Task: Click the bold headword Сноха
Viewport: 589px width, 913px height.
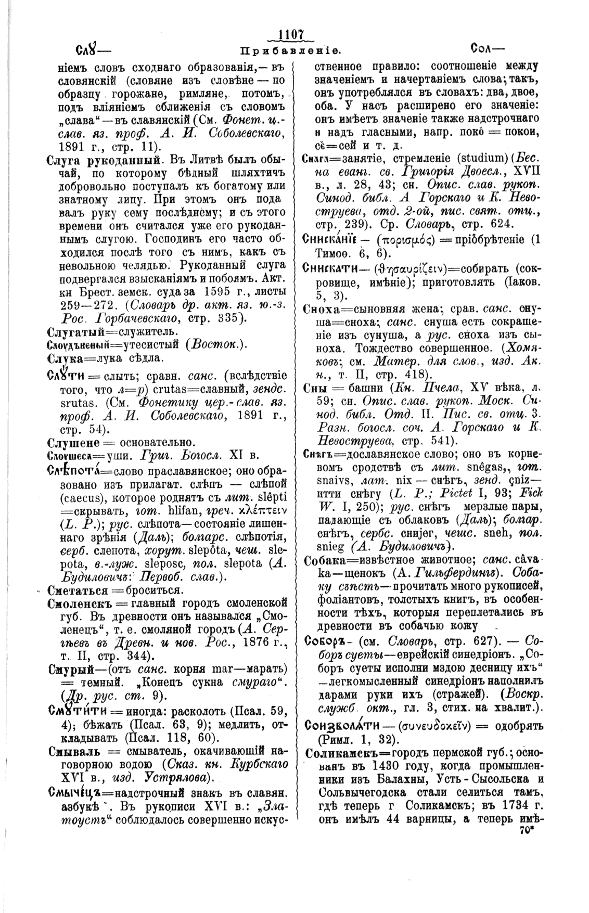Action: coord(318,308)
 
